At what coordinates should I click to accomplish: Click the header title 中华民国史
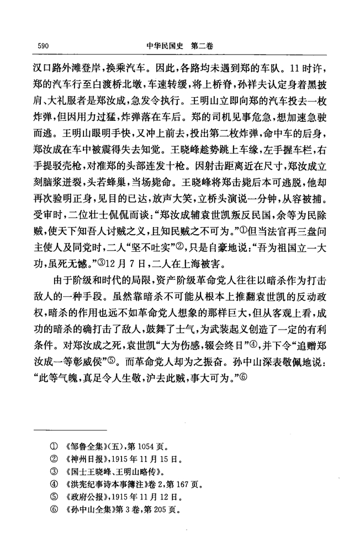pos(165,47)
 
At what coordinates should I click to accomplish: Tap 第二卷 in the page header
pos(202,47)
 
